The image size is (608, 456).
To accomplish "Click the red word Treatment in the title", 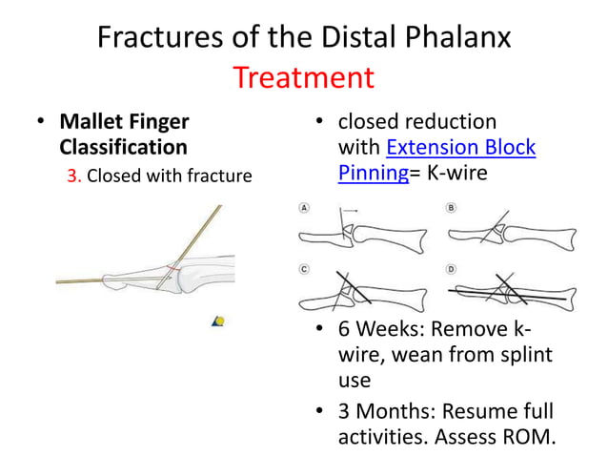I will (x=304, y=76).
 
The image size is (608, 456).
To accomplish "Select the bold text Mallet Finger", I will (x=124, y=122).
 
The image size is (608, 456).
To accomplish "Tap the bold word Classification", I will (x=123, y=148).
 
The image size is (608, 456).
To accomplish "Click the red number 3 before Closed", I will (x=71, y=176).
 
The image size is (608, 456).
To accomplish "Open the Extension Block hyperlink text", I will (x=461, y=148).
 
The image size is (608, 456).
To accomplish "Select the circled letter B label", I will (x=451, y=207).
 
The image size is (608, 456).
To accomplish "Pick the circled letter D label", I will (x=451, y=269).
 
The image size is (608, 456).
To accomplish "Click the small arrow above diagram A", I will (x=350, y=209).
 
